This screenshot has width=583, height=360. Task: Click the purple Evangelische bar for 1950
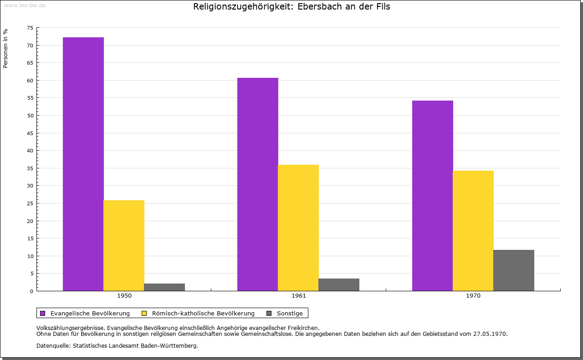(83, 164)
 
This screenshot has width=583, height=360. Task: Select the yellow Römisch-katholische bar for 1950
(124, 245)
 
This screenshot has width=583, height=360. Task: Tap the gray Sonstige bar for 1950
(164, 287)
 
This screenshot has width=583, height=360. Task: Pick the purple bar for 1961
(257, 184)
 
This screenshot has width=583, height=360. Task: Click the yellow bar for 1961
(298, 228)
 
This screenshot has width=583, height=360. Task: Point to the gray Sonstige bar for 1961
(339, 284)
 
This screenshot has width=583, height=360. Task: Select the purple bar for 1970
(432, 196)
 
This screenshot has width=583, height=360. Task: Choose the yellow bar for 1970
(473, 231)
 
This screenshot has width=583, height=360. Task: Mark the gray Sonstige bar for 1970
(514, 270)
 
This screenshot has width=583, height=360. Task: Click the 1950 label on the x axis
(124, 296)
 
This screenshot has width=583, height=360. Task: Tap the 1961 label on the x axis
(299, 296)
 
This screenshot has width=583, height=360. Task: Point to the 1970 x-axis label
(473, 296)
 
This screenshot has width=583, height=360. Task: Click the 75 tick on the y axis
(30, 28)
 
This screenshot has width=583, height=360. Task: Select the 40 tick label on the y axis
(30, 151)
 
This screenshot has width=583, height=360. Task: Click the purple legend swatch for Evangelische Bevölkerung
(43, 313)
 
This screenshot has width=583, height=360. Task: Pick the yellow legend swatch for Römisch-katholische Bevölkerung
(144, 313)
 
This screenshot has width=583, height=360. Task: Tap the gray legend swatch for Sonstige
(269, 313)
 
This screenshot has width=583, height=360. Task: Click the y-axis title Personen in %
(5, 48)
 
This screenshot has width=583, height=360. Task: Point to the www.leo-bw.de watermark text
(24, 5)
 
